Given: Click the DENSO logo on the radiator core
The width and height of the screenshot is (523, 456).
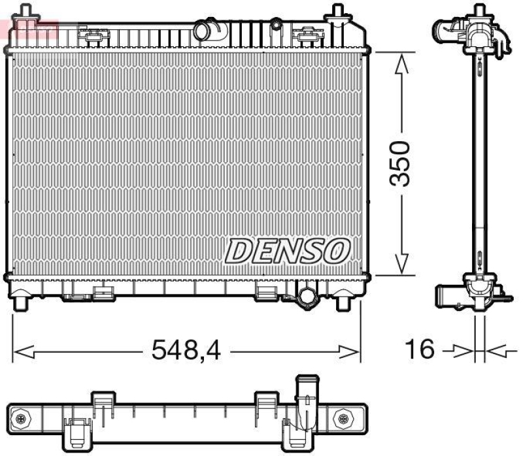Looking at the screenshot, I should coord(288,251).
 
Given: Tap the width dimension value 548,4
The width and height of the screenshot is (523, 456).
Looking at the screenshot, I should coord(186,351).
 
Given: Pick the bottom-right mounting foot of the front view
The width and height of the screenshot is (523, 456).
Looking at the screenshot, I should coord(343,302).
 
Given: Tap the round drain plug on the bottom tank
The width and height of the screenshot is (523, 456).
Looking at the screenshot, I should coord(306,297).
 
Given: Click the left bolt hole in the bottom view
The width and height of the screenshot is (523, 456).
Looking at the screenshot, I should coord(22,419).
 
